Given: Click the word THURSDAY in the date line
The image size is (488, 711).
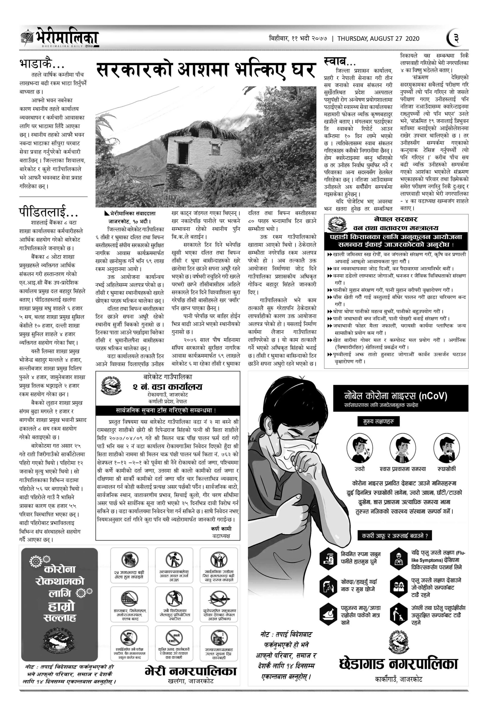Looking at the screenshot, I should [353, 39].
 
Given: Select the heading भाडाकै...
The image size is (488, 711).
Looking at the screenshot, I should [42, 63].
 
